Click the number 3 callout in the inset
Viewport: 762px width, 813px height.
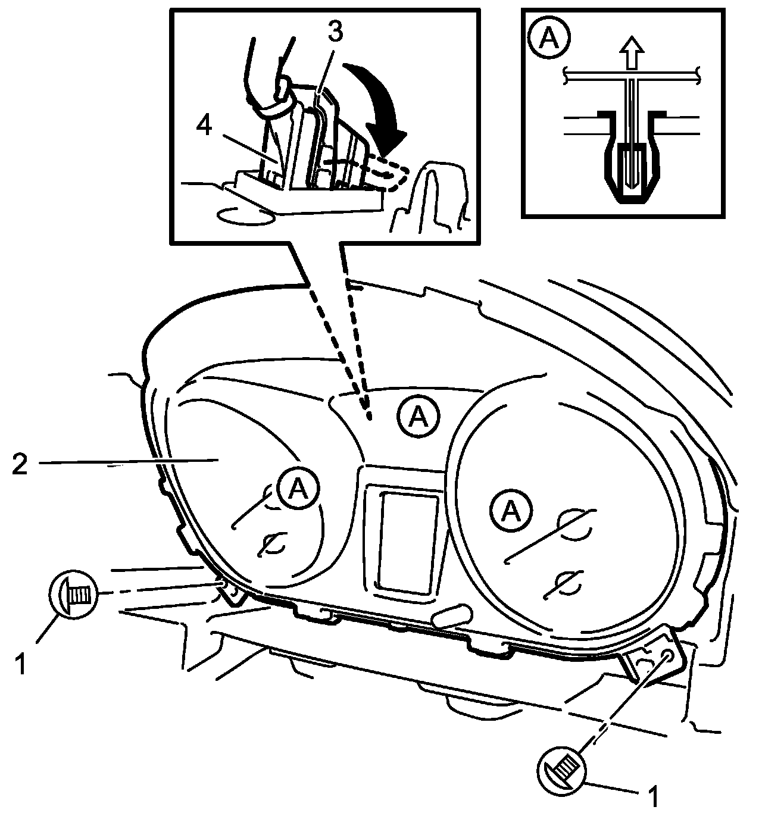(x=335, y=33)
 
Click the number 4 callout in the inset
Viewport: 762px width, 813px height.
(x=204, y=127)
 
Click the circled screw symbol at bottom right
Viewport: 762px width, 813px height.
(x=562, y=767)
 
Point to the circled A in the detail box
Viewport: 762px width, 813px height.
(x=549, y=39)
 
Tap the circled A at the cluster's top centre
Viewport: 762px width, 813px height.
(x=419, y=418)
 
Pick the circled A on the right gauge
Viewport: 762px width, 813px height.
(x=510, y=511)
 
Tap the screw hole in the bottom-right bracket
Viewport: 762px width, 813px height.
(x=667, y=656)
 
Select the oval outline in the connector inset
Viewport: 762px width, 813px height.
(x=245, y=215)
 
